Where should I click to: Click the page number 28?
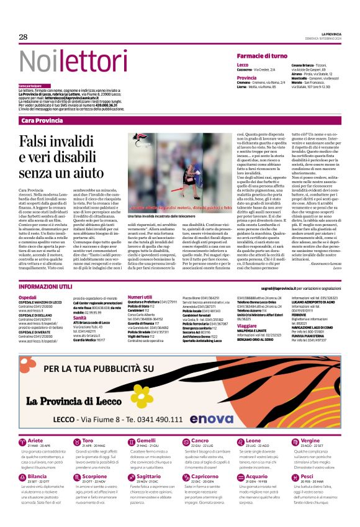tap(24, 37)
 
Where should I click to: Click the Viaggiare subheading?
tap(248, 325)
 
